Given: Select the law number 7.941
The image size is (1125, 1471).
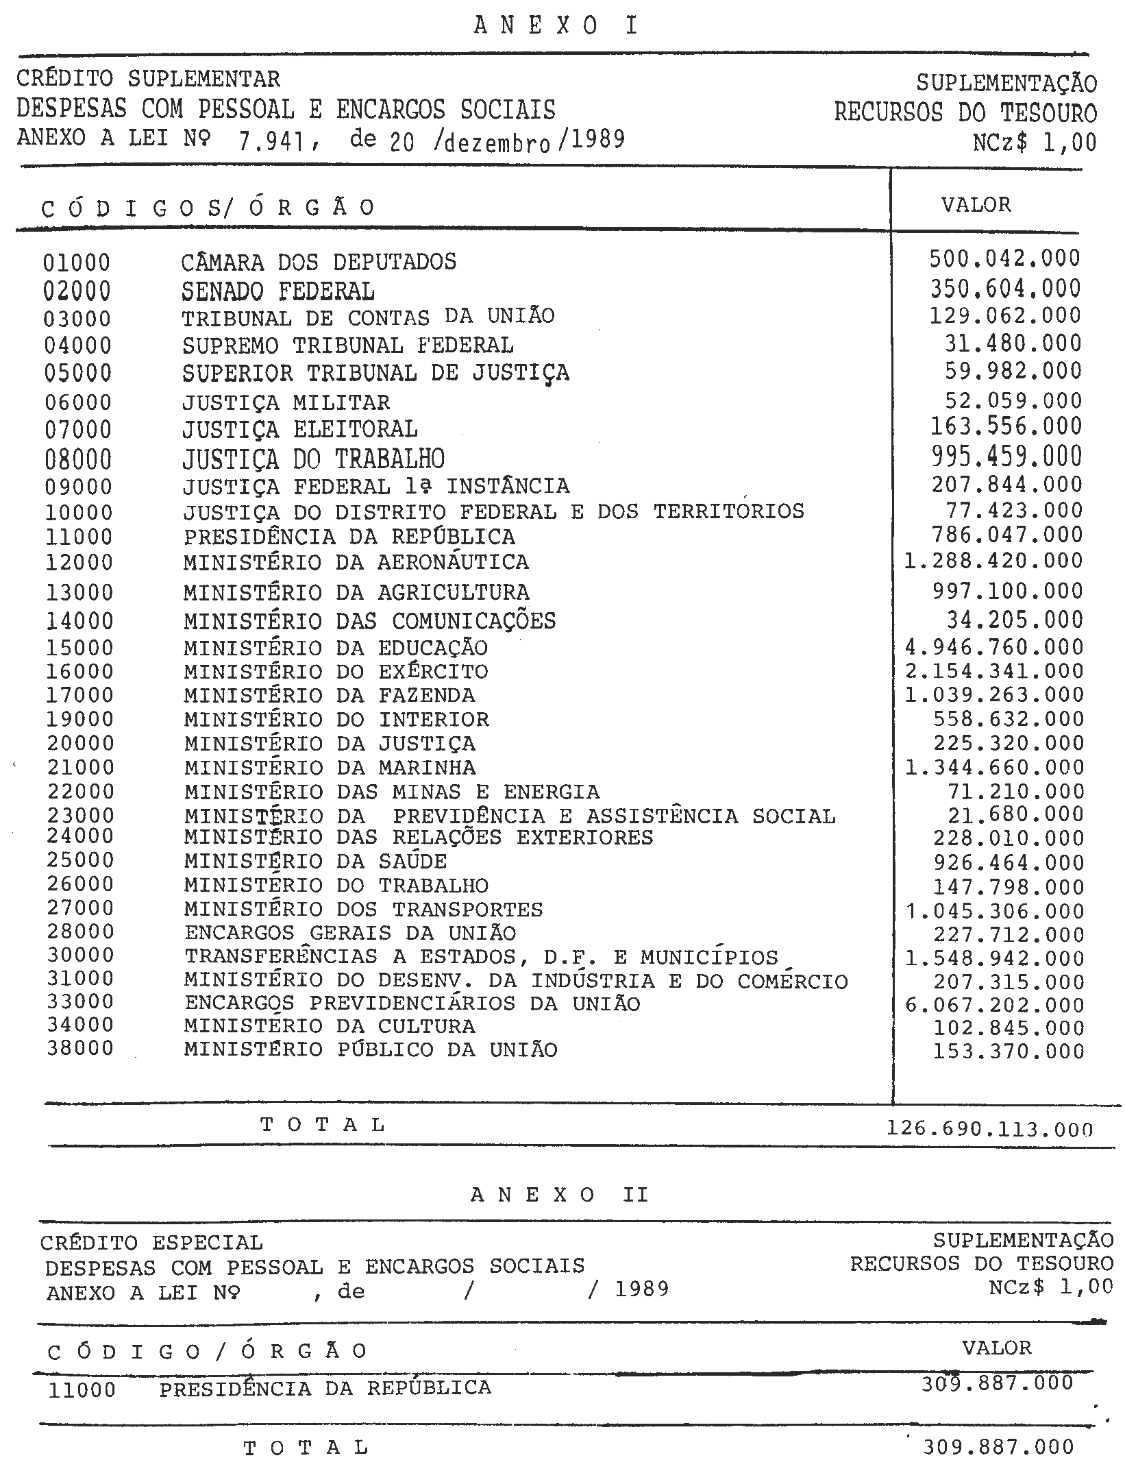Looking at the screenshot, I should click(x=271, y=141).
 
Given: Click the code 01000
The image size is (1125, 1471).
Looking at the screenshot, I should click(x=77, y=263).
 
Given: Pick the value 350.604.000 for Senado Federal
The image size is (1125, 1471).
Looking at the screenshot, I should click(x=1005, y=289).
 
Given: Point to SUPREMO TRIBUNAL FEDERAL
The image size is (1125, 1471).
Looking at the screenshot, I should click(x=347, y=345).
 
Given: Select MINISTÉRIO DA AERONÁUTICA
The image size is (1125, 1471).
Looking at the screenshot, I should click(x=356, y=563).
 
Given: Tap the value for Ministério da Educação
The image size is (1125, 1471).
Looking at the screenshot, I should click(x=995, y=647).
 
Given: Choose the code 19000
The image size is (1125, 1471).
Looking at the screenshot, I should click(x=80, y=720).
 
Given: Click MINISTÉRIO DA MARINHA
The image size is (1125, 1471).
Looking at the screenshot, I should click(x=330, y=768).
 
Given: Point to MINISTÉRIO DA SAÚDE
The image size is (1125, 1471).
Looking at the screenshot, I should click(x=315, y=861).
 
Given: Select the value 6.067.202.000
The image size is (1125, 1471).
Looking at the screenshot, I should click(x=995, y=1005).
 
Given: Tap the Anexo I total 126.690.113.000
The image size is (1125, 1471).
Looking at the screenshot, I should click(x=989, y=1128).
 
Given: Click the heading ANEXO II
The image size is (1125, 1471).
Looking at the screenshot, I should click(x=559, y=1195).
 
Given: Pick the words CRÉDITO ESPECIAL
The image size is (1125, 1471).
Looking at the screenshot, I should click(x=151, y=1243).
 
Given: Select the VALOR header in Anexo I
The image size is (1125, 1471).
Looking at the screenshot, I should click(x=976, y=205).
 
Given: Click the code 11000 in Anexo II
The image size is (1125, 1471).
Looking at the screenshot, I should click(x=82, y=1391).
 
